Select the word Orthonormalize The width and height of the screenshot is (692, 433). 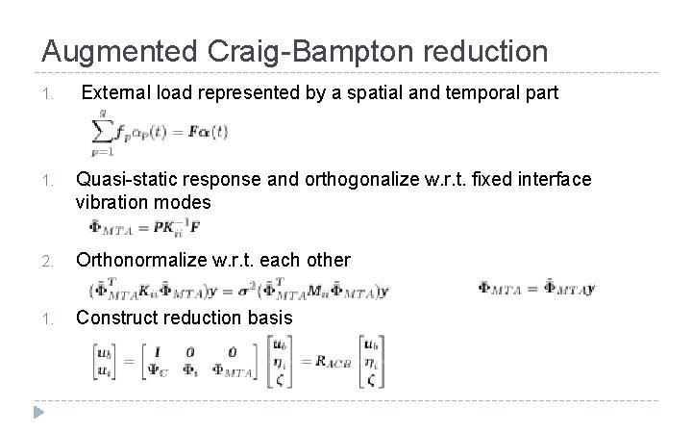(138, 261)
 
